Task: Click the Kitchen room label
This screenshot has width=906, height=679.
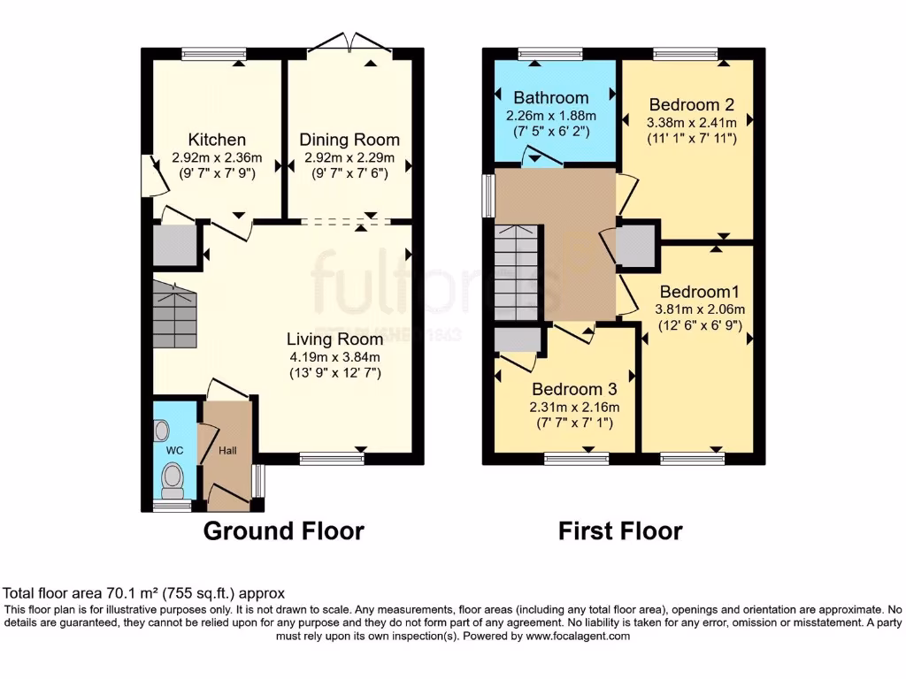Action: (x=217, y=140)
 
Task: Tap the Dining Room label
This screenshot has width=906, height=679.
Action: (x=349, y=140)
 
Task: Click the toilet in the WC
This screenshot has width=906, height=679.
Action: (x=173, y=479)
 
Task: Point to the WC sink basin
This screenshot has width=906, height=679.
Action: (x=161, y=431)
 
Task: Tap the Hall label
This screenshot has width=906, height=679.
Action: (x=228, y=451)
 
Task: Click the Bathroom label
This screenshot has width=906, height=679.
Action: (x=550, y=97)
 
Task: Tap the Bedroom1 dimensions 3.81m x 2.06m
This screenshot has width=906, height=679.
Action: (x=700, y=309)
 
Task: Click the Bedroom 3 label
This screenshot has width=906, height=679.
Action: (x=573, y=389)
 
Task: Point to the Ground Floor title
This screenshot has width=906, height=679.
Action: (x=283, y=530)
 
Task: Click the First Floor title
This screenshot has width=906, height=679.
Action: (x=619, y=530)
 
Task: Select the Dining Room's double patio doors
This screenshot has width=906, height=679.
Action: (x=349, y=42)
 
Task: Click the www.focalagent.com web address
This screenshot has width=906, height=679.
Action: (x=577, y=636)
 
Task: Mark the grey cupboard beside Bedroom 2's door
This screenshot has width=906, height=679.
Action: (x=637, y=247)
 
